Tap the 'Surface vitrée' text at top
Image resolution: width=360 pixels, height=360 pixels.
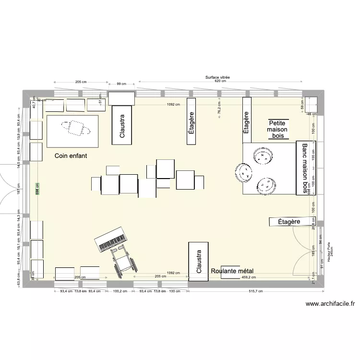(x=217, y=77)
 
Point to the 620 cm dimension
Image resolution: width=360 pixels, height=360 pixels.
(x=217, y=82)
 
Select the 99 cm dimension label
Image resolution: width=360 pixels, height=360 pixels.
(x=121, y=84)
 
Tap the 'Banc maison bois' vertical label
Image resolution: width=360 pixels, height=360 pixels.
(x=303, y=168)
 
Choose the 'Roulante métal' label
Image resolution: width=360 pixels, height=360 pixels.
(x=232, y=271)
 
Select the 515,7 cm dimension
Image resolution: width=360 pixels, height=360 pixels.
(x=256, y=291)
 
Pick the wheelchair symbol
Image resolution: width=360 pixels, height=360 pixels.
(x=122, y=259)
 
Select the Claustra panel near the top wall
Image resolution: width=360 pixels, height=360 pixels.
(x=122, y=125)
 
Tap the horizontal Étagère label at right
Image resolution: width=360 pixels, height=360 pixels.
(x=289, y=221)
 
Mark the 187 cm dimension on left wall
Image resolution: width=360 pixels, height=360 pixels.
(x=18, y=191)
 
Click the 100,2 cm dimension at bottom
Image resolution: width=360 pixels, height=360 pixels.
(x=120, y=291)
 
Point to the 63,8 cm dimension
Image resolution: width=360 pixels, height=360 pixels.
(x=18, y=279)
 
